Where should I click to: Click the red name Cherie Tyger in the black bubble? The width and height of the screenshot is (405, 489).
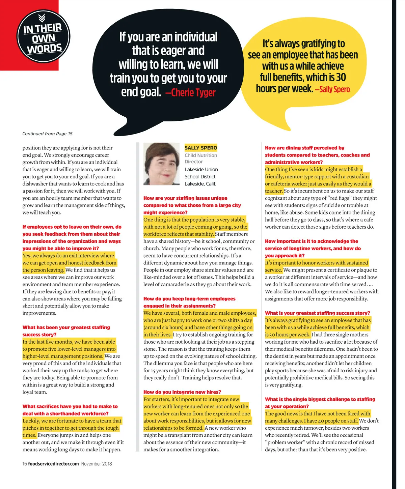tap(190, 93)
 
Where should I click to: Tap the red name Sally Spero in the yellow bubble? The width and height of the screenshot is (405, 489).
tap(332, 89)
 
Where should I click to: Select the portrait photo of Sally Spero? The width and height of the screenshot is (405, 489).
tap(161, 164)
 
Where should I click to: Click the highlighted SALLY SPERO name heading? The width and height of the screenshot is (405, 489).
tap(201, 148)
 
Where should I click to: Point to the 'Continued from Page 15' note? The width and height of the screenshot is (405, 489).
tap(48, 134)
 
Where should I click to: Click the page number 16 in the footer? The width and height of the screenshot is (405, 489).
tap(25, 464)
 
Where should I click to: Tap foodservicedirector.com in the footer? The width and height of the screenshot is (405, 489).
tap(53, 464)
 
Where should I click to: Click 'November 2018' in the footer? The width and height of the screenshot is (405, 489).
tap(97, 464)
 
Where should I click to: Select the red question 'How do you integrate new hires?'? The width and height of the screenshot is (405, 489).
tap(182, 392)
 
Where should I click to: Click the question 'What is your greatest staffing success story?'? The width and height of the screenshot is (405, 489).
tap(317, 313)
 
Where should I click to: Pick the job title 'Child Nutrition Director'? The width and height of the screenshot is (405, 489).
tap(201, 159)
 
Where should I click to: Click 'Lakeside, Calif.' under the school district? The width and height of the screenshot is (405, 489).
tap(200, 184)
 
